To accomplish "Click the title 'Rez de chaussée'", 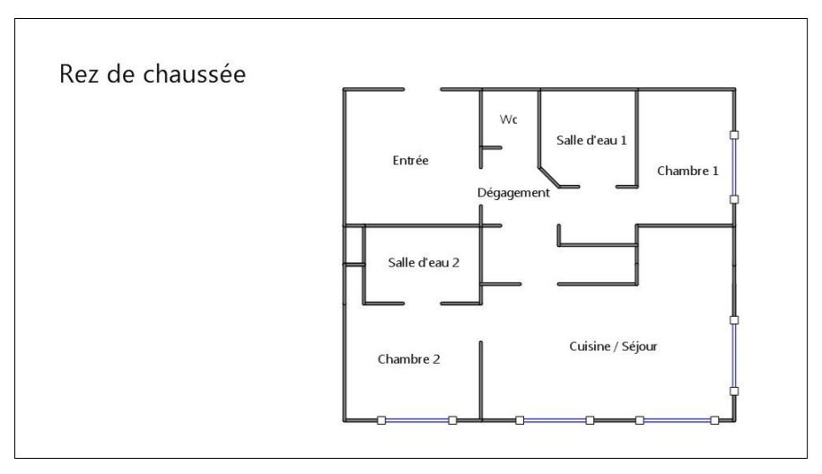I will [153, 75].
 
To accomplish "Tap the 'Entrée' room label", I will [411, 161].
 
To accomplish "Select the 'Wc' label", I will [508, 119].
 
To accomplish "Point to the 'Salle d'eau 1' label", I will [590, 140].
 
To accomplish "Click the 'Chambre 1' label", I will [687, 171].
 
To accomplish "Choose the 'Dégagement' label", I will [513, 193].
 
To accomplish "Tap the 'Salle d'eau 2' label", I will [424, 262].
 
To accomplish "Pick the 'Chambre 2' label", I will [408, 359].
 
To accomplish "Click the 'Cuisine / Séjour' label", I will [614, 346].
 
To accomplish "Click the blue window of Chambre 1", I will [734, 167].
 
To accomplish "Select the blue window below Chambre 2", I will [416, 419].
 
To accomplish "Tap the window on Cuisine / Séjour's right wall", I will [734, 355].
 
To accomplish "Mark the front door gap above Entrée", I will [422, 89].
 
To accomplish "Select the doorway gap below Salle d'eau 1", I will [597, 186].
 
